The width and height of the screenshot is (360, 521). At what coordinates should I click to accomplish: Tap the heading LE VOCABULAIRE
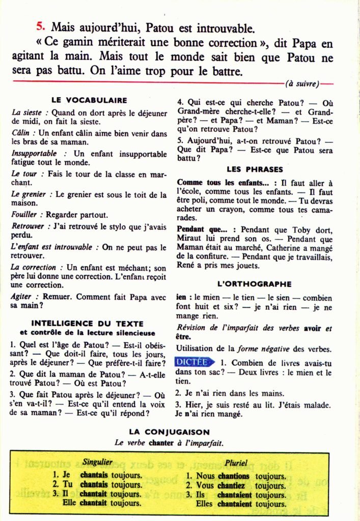click(89, 100)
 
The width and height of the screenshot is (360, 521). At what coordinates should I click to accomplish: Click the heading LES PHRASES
click(255, 169)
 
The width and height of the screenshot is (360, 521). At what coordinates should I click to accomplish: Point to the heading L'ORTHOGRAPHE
click(255, 284)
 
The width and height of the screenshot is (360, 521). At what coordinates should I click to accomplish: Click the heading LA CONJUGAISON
click(169, 432)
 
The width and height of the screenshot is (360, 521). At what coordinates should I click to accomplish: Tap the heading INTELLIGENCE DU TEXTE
click(87, 323)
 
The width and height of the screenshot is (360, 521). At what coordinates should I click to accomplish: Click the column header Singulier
click(97, 464)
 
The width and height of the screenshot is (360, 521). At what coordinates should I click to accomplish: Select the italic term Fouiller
click(24, 215)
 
